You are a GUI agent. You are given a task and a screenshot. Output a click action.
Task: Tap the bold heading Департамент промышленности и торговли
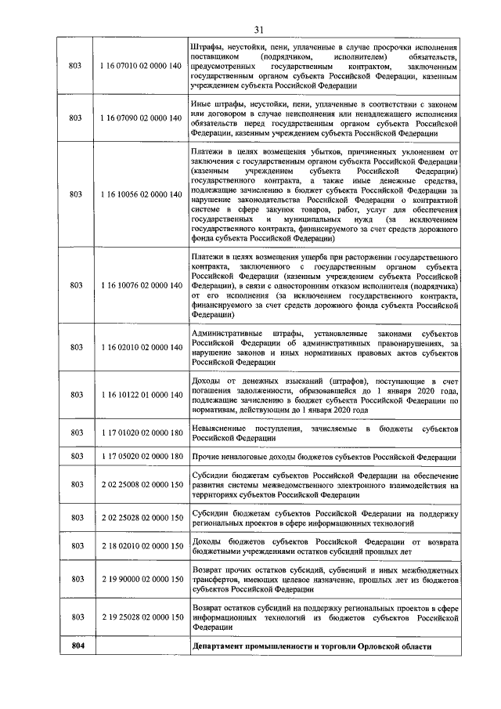(311, 646)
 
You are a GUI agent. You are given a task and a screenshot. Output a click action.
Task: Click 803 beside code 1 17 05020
(76, 456)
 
